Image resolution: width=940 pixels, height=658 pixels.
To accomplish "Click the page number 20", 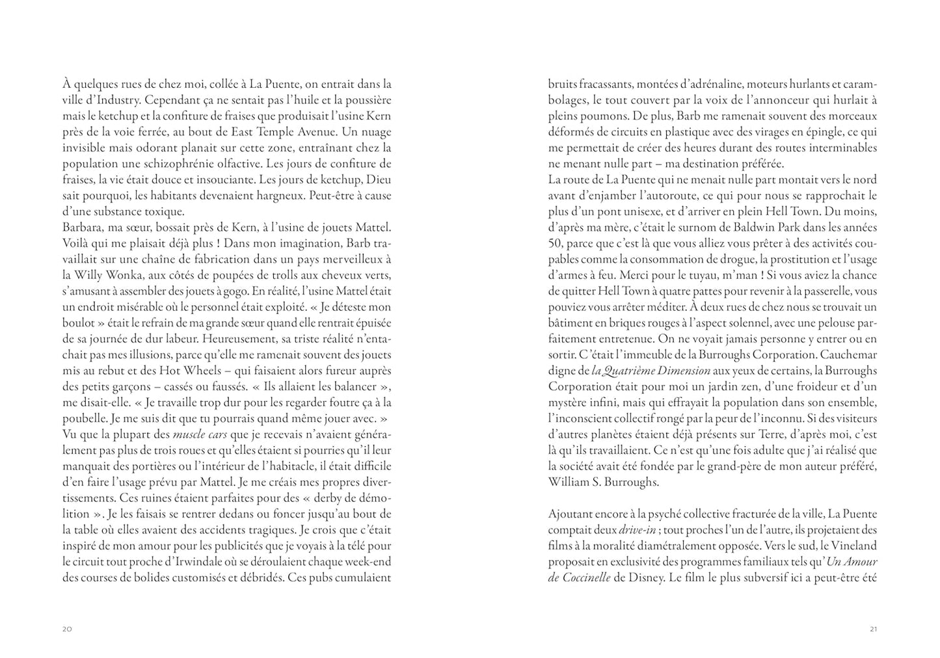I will (x=67, y=629).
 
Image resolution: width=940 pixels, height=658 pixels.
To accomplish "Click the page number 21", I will (x=873, y=629).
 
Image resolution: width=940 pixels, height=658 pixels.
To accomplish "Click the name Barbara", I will (x=82, y=228).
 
